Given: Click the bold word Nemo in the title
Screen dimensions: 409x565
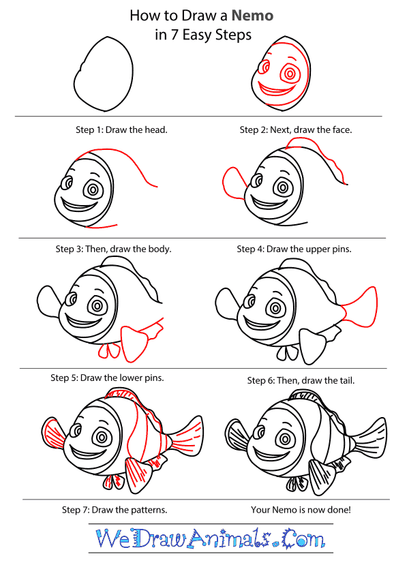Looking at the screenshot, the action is pos(252,16).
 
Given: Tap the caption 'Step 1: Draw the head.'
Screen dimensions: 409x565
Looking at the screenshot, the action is pos(121,129).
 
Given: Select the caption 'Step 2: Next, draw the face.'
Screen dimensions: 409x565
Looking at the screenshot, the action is pos(295,129).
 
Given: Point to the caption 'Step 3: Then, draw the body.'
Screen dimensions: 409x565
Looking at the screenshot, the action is pos(114,249).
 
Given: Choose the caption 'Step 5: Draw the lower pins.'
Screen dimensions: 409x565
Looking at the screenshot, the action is pos(107,378).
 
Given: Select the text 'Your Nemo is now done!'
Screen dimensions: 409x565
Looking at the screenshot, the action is pos(301,510).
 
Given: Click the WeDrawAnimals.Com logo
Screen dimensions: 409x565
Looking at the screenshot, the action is pos(211,538).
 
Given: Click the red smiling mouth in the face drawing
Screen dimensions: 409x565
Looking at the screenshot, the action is pos(275,91).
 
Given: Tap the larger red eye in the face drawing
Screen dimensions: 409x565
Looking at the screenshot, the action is pos(289,74).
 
